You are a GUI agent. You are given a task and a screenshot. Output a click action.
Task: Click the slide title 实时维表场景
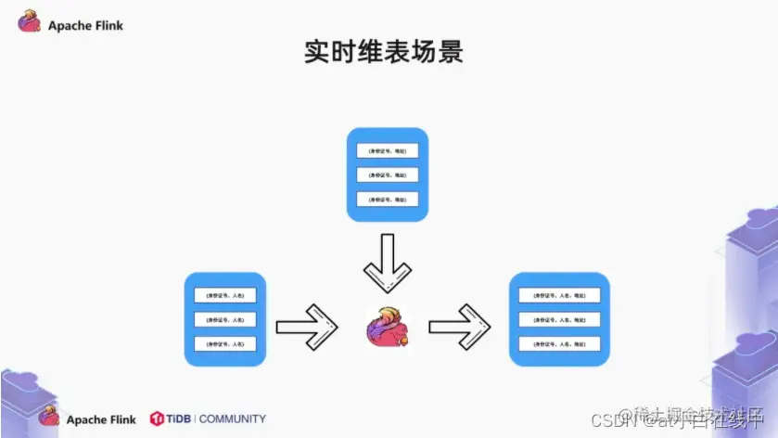[x=383, y=51]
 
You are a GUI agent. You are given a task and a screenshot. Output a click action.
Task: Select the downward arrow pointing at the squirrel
[x=387, y=263]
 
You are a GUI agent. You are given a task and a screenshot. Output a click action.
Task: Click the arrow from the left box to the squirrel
[x=309, y=326]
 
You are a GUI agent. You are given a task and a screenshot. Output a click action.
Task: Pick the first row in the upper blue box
[x=387, y=150]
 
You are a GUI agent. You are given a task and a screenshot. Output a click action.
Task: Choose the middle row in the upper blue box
[x=387, y=174]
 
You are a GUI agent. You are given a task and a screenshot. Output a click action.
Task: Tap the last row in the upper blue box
[x=387, y=199]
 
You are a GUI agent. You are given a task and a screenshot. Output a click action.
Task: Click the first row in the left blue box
[x=225, y=295]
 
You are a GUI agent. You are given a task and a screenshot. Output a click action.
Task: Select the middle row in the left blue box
[x=225, y=319]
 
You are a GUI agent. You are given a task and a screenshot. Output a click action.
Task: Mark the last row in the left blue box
[x=225, y=343]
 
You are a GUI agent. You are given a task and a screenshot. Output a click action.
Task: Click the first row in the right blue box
[x=558, y=295]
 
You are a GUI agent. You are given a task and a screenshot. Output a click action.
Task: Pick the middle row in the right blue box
[x=558, y=319]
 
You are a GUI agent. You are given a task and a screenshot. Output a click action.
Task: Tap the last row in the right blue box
[x=558, y=343]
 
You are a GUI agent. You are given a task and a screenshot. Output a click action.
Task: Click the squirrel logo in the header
[x=30, y=21]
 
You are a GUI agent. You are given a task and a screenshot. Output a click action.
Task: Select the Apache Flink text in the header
[x=85, y=26]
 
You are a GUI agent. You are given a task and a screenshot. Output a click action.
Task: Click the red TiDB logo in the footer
[x=157, y=419]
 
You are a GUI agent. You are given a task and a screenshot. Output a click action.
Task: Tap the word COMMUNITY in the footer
[x=232, y=419]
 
